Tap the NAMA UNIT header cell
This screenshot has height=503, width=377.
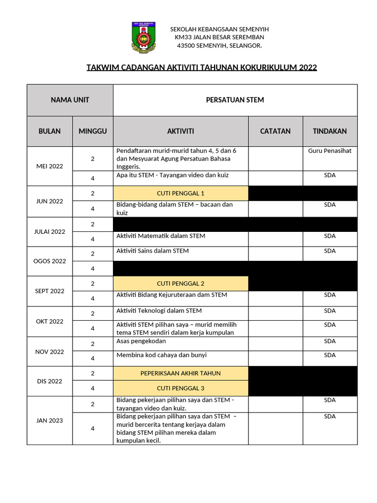pyautogui.click(x=70, y=100)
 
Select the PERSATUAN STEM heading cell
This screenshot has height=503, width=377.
pyautogui.click(x=235, y=100)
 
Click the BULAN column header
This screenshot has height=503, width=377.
pyautogui.click(x=50, y=131)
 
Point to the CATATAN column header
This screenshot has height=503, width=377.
pyautogui.click(x=275, y=131)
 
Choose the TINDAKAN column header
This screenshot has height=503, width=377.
pyautogui.click(x=330, y=131)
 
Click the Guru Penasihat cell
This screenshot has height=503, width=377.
pyautogui.click(x=330, y=151)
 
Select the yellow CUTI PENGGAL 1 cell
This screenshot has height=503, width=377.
pyautogui.click(x=181, y=193)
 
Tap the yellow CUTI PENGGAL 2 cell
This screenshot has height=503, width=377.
pyautogui.click(x=181, y=283)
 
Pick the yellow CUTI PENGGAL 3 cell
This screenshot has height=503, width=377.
pyautogui.click(x=181, y=388)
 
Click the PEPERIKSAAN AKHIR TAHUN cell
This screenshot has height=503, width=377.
pyautogui.click(x=181, y=373)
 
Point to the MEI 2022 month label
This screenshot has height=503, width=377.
pyautogui.click(x=50, y=166)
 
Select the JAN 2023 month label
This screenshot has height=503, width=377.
pyautogui.click(x=50, y=420)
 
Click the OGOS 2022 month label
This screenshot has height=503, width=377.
pyautogui.click(x=50, y=261)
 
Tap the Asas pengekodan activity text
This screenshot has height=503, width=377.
pyautogui.click(x=141, y=341)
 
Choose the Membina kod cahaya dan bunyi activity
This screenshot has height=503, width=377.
pyautogui.click(x=162, y=355)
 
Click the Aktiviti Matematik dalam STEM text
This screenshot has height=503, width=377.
pyautogui.click(x=161, y=236)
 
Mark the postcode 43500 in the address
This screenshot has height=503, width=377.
pyautogui.click(x=186, y=46)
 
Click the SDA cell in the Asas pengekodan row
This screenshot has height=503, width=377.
pyautogui.click(x=330, y=341)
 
